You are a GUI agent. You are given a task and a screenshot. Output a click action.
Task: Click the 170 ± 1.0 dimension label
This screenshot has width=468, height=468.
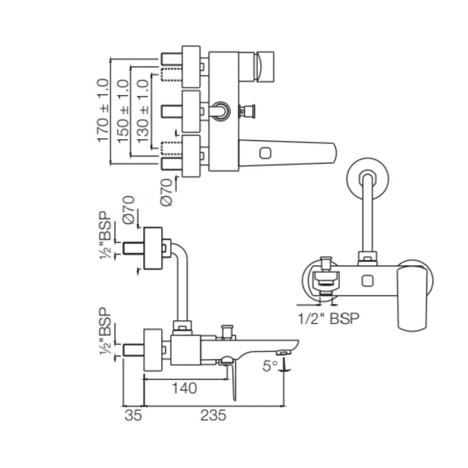[103, 110]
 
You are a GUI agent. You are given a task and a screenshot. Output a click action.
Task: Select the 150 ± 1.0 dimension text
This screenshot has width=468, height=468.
[123, 111]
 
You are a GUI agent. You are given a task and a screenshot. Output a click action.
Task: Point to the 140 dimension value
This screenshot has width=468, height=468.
[184, 388]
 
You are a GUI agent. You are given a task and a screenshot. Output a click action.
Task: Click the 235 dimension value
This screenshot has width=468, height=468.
[213, 416]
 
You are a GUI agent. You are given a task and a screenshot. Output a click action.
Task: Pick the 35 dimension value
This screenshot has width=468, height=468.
[133, 416]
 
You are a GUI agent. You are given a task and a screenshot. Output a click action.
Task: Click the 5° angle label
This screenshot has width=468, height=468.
[270, 366]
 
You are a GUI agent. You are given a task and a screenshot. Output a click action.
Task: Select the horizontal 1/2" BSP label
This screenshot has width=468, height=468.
[328, 319]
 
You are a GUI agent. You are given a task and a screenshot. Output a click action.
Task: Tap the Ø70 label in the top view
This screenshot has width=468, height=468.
[169, 192]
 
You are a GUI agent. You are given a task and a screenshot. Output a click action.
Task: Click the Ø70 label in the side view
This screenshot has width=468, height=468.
[129, 210]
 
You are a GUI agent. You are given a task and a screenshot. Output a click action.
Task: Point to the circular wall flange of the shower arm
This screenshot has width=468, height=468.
[368, 178]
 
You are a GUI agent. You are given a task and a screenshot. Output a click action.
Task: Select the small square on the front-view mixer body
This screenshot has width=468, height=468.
[367, 281]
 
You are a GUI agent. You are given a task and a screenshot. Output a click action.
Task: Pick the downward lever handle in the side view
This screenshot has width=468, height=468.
[234, 381]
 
